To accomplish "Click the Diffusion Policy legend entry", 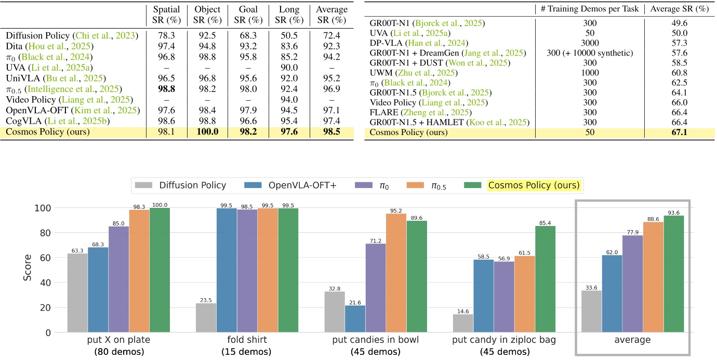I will [185, 185].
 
